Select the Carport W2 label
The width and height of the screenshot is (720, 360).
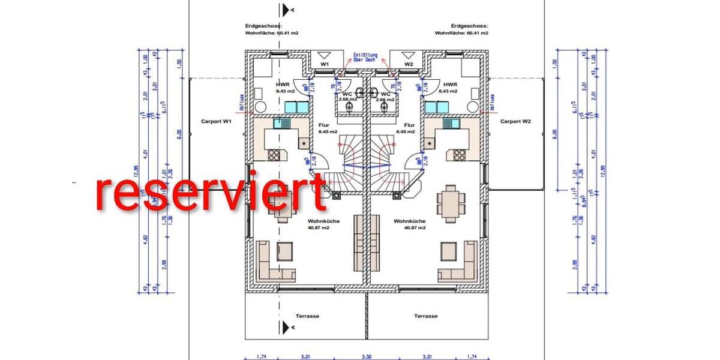pyautogui.click(x=515, y=121)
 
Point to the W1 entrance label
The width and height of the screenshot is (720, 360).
pyautogui.click(x=325, y=64)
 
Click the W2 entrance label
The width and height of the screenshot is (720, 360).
pyautogui.click(x=409, y=64)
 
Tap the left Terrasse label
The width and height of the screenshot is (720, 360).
pyautogui.click(x=307, y=316)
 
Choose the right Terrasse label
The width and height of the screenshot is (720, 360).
pyautogui.click(x=425, y=316)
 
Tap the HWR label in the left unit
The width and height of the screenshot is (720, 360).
pyautogui.click(x=283, y=85)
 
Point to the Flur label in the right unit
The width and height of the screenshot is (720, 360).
pyautogui.click(x=403, y=125)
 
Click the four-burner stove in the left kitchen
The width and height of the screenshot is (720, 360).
pyautogui.click(x=273, y=155)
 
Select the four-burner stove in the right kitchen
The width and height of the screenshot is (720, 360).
pyautogui.click(x=460, y=155)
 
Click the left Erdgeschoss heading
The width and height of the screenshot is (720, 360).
pyautogui.click(x=259, y=26)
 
